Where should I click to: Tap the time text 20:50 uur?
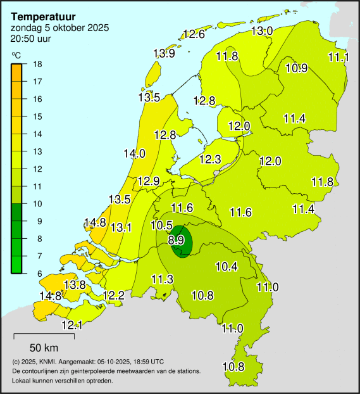tap(31, 39)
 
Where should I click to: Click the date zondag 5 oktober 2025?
tap(59, 28)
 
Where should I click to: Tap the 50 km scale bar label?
tap(44, 347)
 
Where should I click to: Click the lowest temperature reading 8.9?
tap(177, 240)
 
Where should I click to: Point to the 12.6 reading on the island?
tap(194, 34)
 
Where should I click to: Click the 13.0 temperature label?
tap(262, 30)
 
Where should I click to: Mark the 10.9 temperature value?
tap(297, 68)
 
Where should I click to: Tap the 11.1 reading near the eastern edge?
tap(338, 57)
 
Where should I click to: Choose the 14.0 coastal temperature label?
tap(134, 153)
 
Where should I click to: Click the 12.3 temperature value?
tap(209, 159)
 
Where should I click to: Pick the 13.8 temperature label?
tap(75, 285)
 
